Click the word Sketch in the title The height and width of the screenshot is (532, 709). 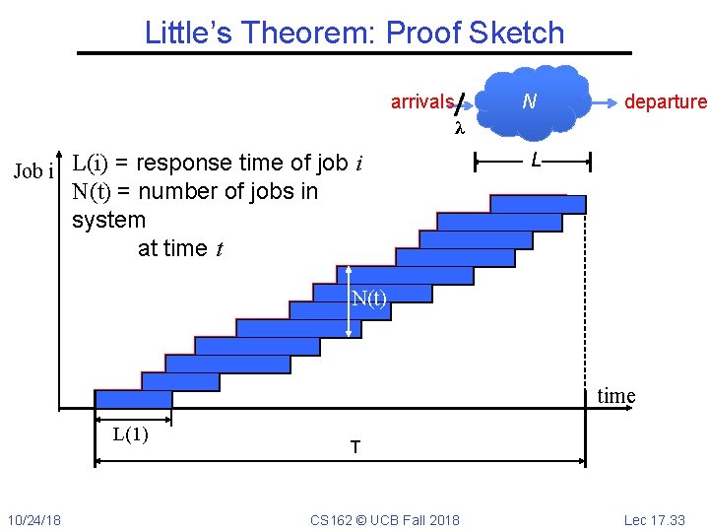click(519, 33)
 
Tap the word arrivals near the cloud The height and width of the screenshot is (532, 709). click(421, 102)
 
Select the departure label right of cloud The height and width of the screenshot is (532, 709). click(665, 102)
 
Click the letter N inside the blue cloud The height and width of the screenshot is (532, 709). click(530, 101)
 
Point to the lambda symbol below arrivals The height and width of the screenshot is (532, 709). click(458, 128)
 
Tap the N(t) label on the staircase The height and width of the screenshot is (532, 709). click(369, 299)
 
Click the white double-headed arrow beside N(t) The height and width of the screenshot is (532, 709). click(349, 308)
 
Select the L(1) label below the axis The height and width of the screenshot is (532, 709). click(130, 433)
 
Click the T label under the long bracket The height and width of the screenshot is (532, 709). click(354, 447)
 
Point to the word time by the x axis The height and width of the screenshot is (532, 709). click(616, 396)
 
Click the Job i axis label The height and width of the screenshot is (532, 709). click(32, 171)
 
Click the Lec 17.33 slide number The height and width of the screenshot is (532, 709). click(654, 519)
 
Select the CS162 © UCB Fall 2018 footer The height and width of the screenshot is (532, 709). click(384, 519)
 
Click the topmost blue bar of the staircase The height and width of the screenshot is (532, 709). click(537, 204)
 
